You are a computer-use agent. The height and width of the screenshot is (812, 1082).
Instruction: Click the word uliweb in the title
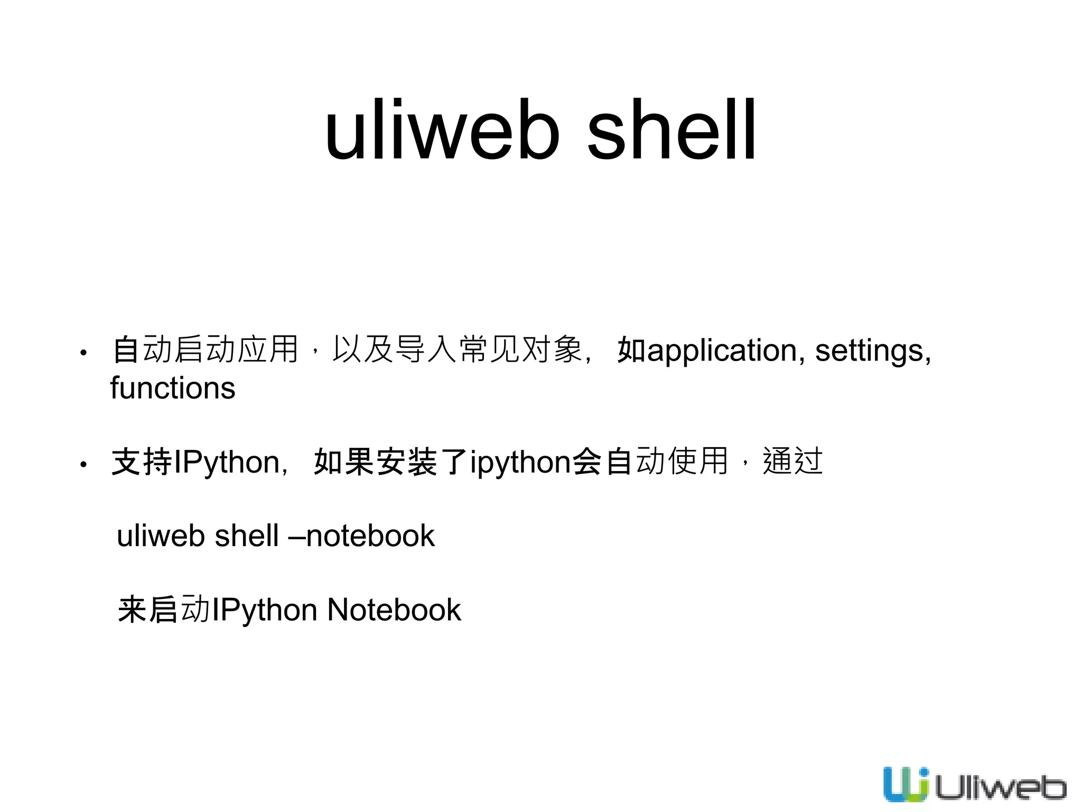coord(442,130)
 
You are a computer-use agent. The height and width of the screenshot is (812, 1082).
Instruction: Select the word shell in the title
coord(671,130)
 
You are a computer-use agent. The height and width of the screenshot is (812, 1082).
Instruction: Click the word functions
coord(172,388)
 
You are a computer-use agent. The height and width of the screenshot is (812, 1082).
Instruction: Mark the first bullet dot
coord(83,353)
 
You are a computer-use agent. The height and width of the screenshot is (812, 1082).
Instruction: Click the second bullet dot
coord(83,465)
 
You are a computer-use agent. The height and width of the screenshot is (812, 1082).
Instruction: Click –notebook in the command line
coord(361,536)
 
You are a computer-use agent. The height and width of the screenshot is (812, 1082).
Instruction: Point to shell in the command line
coord(247,536)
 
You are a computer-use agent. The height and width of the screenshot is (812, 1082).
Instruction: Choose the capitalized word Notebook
coord(394,610)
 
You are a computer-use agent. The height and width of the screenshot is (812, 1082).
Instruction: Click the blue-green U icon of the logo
coord(906,784)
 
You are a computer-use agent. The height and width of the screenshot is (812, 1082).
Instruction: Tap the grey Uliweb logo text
coord(1000,788)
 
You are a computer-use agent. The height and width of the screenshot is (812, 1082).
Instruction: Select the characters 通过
coord(792,461)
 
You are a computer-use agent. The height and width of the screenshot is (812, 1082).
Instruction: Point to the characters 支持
coord(142,462)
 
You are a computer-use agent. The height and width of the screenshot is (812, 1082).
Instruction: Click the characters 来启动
coord(164,609)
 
